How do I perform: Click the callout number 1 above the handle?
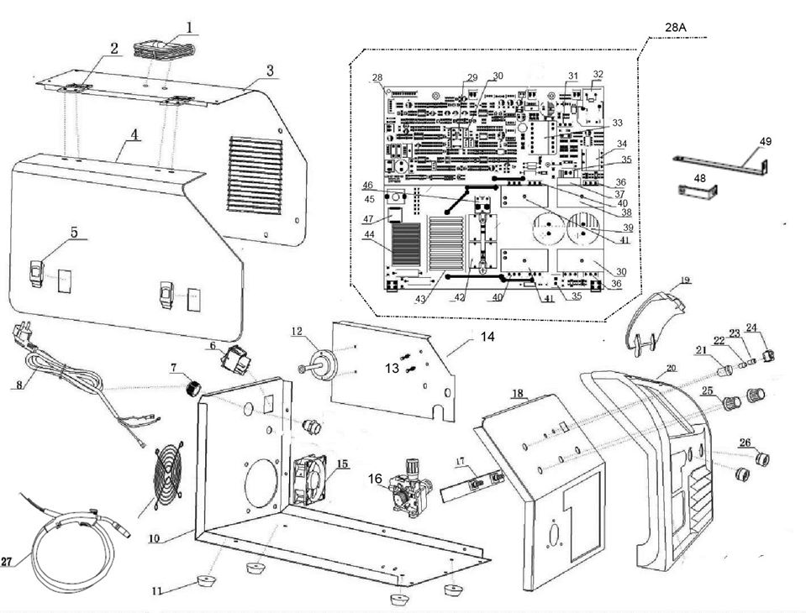click(x=189, y=27)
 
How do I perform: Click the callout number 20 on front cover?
click(x=671, y=368)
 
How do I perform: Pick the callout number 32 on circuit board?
click(x=598, y=74)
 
